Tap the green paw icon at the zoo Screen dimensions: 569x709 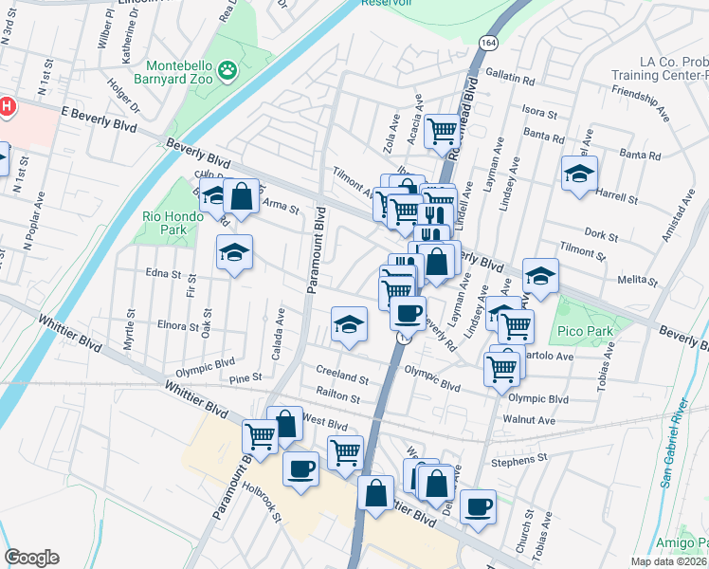[x=227, y=69]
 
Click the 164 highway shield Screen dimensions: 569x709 [x=488, y=44]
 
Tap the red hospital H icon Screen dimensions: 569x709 [x=7, y=107]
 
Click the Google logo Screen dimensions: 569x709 [x=31, y=558]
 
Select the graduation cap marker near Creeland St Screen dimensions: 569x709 [x=349, y=324]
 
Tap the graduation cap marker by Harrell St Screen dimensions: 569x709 [x=579, y=173]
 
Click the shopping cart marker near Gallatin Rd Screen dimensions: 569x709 [x=442, y=130]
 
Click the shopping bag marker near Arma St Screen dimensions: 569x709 [x=242, y=195]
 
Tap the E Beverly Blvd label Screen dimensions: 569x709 [x=93, y=112]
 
